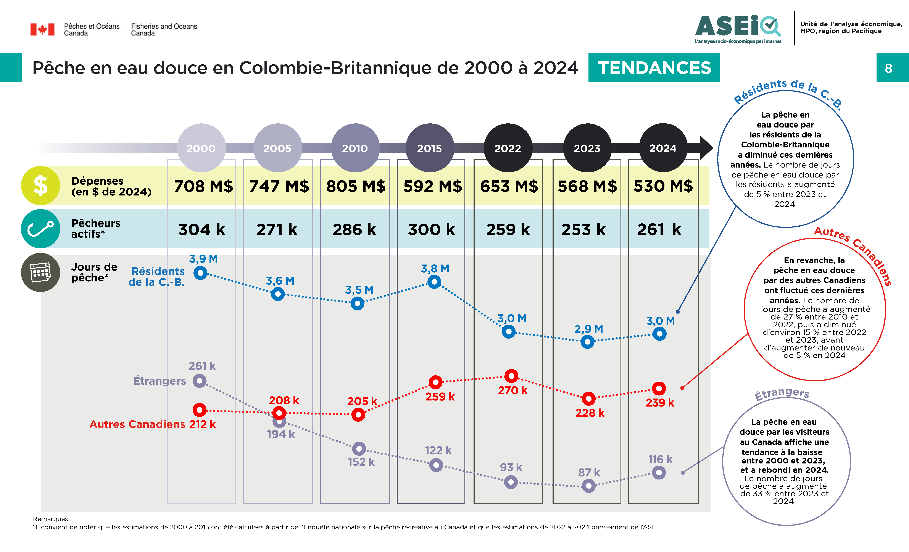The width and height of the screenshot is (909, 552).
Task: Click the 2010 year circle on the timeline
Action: click(355, 148)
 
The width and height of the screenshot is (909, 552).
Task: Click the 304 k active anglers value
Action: click(201, 229)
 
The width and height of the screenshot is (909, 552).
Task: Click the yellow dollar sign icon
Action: click(41, 185)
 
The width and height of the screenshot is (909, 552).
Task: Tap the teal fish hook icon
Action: click(41, 229)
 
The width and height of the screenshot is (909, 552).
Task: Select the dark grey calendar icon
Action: click(41, 272)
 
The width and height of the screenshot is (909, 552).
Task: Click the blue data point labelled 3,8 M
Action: click(434, 282)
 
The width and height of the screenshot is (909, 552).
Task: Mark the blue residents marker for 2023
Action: click(587, 342)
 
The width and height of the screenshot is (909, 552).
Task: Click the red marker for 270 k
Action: click(511, 376)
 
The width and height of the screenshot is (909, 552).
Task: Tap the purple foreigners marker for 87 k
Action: click(588, 486)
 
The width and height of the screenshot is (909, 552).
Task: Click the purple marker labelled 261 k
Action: click(200, 380)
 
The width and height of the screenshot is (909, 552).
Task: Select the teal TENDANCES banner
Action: click(654, 68)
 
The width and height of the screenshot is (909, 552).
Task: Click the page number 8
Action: click(888, 68)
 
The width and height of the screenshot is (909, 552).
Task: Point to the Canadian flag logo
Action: click(42, 29)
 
